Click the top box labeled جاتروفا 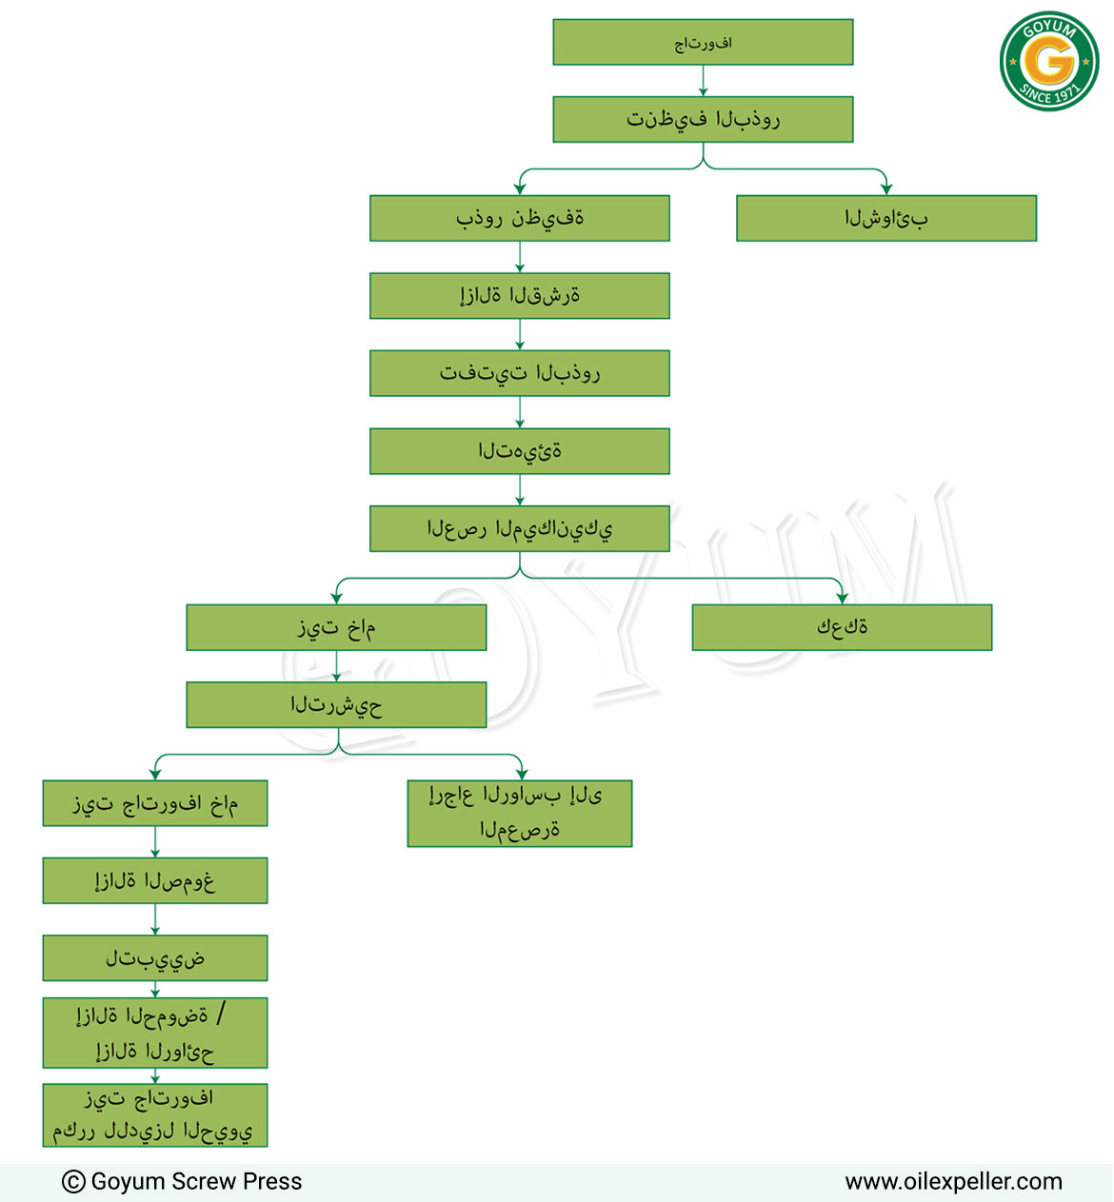pyautogui.click(x=703, y=43)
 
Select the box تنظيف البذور pyautogui.click(x=703, y=119)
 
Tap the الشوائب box pyautogui.click(x=886, y=218)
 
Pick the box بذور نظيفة pyautogui.click(x=520, y=218)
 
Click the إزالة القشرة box pyautogui.click(x=520, y=295)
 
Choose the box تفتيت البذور pyautogui.click(x=520, y=373)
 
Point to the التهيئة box pyautogui.click(x=520, y=451)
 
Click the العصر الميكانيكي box pyautogui.click(x=520, y=528)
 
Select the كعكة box pyautogui.click(x=842, y=627)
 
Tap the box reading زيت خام pyautogui.click(x=336, y=627)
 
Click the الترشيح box pyautogui.click(x=336, y=704)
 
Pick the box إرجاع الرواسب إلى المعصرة pyautogui.click(x=520, y=814)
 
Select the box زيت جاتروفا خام pyautogui.click(x=155, y=803)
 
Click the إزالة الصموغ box pyautogui.click(x=155, y=880)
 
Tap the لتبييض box pyautogui.click(x=155, y=958)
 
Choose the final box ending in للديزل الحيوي pyautogui.click(x=155, y=1115)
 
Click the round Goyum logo pyautogui.click(x=1049, y=61)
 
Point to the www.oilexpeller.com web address pyautogui.click(x=953, y=1181)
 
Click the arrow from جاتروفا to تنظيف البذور pyautogui.click(x=703, y=81)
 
